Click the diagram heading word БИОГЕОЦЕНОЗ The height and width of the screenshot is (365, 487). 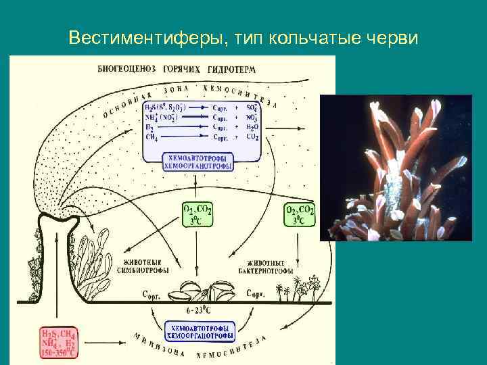click(x=124, y=70)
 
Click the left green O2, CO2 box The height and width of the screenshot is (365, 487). click(x=197, y=214)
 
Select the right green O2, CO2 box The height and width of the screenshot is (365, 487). click(x=300, y=214)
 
